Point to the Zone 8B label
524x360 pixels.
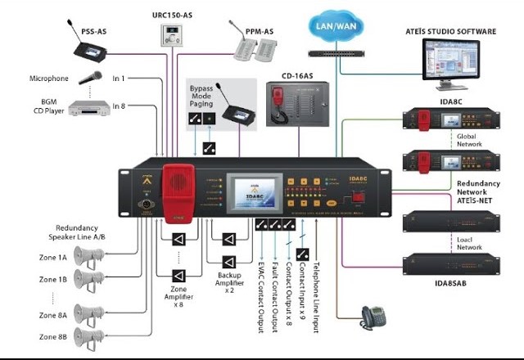[52, 335]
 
